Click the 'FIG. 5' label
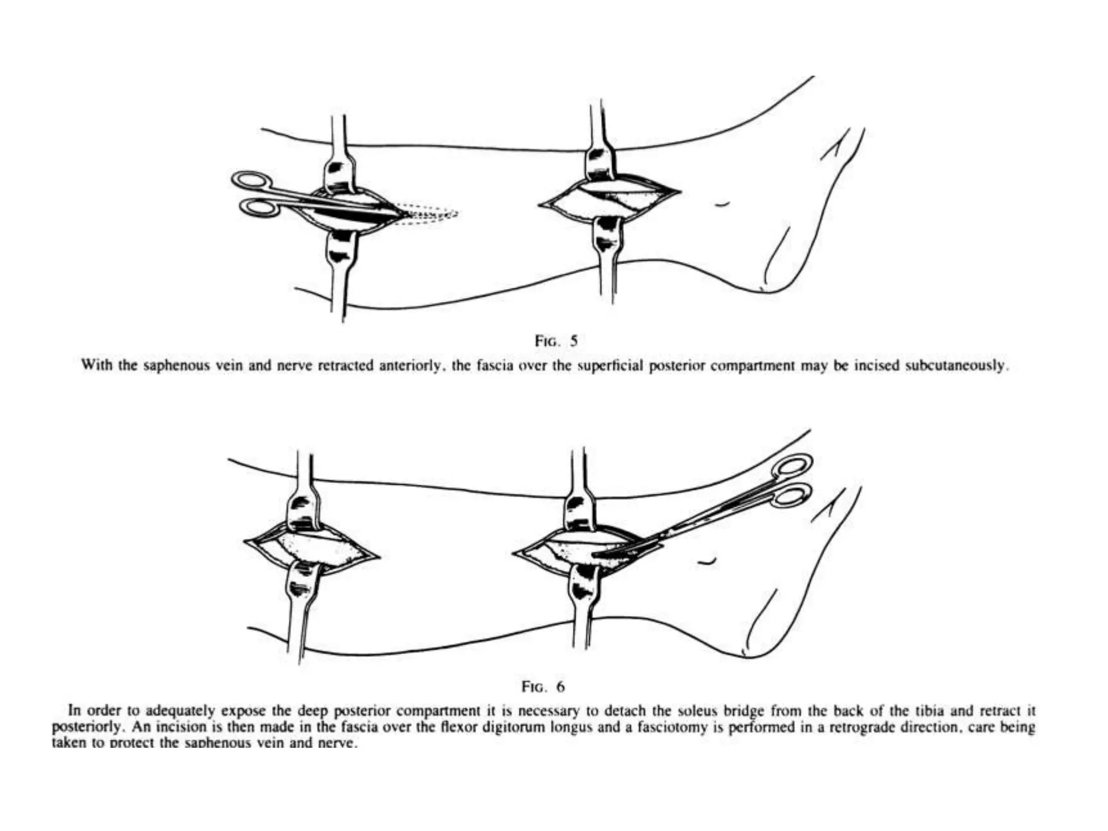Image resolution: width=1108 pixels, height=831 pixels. point(556,341)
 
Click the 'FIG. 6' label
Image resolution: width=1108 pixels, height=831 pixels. point(543,687)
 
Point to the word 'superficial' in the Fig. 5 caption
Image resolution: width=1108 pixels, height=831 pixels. point(610,366)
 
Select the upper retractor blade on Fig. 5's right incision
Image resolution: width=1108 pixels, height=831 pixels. point(601,162)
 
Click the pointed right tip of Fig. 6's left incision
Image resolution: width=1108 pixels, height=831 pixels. point(379,556)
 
